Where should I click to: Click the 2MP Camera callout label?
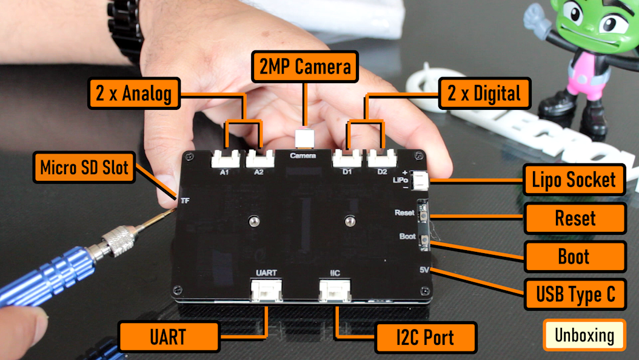pyautogui.click(x=306, y=67)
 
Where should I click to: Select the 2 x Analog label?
pyautogui.click(x=134, y=93)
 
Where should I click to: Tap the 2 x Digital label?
pyautogui.click(x=484, y=93)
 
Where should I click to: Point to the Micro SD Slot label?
pyautogui.click(x=84, y=167)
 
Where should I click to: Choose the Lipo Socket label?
pyautogui.click(x=574, y=180)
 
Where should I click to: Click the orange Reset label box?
pyautogui.click(x=575, y=219)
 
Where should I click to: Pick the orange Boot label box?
pyautogui.click(x=574, y=256)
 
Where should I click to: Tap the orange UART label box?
pyautogui.click(x=168, y=336)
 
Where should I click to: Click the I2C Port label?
pyautogui.click(x=426, y=337)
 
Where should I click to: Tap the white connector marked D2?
pyautogui.click(x=381, y=159)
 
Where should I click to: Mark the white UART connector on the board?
pyautogui.click(x=266, y=290)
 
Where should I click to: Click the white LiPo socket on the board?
pyautogui.click(x=420, y=180)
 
